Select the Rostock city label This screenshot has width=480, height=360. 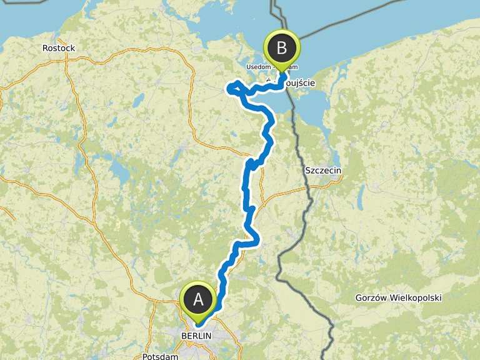pyautogui.click(x=58, y=48)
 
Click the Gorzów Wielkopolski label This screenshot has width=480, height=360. pyautogui.click(x=398, y=297)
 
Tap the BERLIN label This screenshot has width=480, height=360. pyautogui.click(x=196, y=336)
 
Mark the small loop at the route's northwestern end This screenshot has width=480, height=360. pyautogui.click(x=236, y=88)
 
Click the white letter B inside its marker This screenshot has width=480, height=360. pyautogui.click(x=282, y=47)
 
